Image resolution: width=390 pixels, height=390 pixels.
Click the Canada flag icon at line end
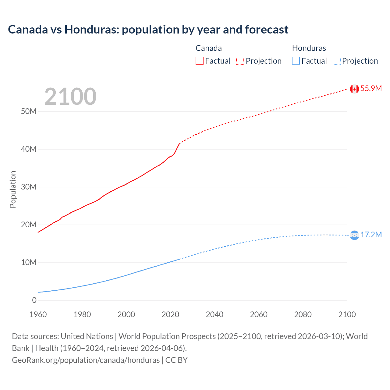(x=354, y=89)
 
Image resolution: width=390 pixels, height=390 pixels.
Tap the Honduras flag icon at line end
(x=354, y=235)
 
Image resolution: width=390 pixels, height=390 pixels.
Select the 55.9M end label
(x=371, y=88)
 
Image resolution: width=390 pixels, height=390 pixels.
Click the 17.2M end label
(x=371, y=235)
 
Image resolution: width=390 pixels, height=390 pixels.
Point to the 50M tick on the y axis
(x=29, y=111)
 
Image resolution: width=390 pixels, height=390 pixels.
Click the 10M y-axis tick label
(x=29, y=262)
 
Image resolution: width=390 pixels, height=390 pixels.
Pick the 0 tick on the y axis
(x=34, y=300)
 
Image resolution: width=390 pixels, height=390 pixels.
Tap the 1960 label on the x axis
(x=38, y=314)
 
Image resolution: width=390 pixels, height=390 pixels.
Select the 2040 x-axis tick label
(x=214, y=314)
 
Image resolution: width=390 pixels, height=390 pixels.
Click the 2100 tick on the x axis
(x=347, y=314)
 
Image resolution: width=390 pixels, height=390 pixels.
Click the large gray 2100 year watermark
(x=70, y=97)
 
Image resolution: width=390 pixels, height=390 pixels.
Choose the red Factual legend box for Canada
(x=199, y=61)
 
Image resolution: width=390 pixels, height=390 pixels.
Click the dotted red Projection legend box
(x=240, y=61)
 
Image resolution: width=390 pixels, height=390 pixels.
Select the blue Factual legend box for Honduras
(x=296, y=61)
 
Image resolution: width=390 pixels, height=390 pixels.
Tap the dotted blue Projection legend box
(x=336, y=61)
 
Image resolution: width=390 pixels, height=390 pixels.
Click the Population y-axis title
(x=13, y=189)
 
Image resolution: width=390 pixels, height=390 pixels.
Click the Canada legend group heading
(x=209, y=48)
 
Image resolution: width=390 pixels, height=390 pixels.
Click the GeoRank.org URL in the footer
(x=86, y=360)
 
